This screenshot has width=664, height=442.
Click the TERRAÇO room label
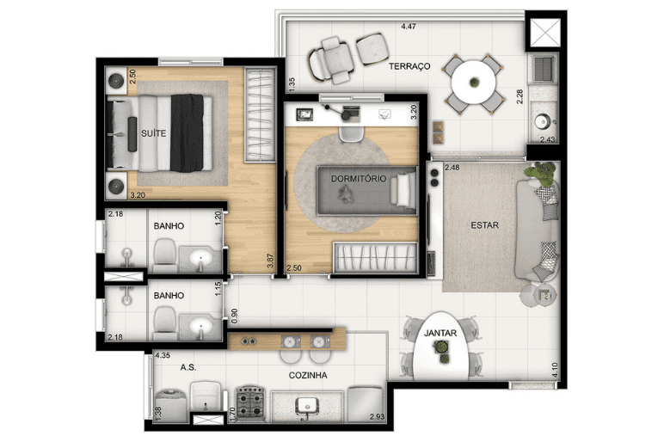point(409,66)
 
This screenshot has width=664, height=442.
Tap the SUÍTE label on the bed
point(153,133)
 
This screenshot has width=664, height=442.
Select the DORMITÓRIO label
point(359,178)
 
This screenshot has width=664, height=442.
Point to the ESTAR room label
point(484,224)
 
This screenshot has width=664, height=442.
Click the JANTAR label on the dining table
point(440,333)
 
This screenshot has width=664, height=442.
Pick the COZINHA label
point(308,375)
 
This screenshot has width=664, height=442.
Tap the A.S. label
point(188,367)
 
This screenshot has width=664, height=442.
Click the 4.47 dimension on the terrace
point(409,27)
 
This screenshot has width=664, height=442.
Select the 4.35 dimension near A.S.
point(163,356)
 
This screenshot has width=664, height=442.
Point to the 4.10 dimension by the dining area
point(555,370)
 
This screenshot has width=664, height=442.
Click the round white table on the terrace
point(473,83)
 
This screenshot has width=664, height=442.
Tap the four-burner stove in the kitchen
point(249,402)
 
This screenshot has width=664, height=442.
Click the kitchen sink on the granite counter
point(306,406)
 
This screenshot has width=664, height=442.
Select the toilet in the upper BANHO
point(164,255)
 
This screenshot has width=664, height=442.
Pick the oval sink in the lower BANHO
point(200,327)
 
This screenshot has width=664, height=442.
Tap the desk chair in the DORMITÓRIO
point(350,133)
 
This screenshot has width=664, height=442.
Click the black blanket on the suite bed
point(188,133)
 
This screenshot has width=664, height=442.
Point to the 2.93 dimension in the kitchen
point(377,416)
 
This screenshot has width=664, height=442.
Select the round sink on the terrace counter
point(541,122)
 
